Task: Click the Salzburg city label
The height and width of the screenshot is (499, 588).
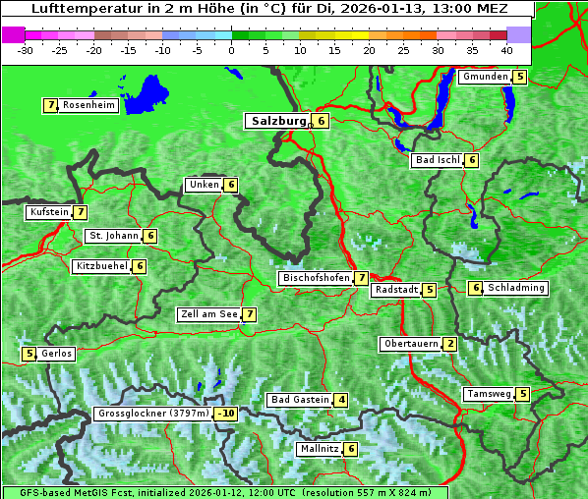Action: (x=278, y=121)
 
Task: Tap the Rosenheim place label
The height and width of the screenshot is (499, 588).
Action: (x=88, y=105)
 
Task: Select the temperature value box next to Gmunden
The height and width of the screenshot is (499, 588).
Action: (x=520, y=77)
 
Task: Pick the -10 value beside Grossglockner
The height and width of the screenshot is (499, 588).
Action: (x=226, y=414)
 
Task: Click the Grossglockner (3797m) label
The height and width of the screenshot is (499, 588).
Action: (x=153, y=414)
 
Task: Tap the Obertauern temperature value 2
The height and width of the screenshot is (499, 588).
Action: (x=449, y=344)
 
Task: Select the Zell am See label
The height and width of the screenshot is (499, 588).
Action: (x=208, y=314)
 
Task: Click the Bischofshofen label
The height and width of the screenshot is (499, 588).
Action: (x=316, y=279)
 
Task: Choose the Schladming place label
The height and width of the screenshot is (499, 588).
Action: (x=516, y=288)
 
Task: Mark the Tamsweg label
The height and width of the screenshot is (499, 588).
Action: (x=489, y=394)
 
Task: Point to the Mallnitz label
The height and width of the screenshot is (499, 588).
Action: (x=320, y=449)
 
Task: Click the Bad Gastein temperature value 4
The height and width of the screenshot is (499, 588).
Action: (x=340, y=400)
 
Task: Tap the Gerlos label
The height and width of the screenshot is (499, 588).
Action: (x=56, y=354)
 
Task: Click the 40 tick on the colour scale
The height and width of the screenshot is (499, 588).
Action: (x=506, y=49)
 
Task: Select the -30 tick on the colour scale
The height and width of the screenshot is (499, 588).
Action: (x=26, y=49)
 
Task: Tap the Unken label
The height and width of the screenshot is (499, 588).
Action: (x=204, y=185)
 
